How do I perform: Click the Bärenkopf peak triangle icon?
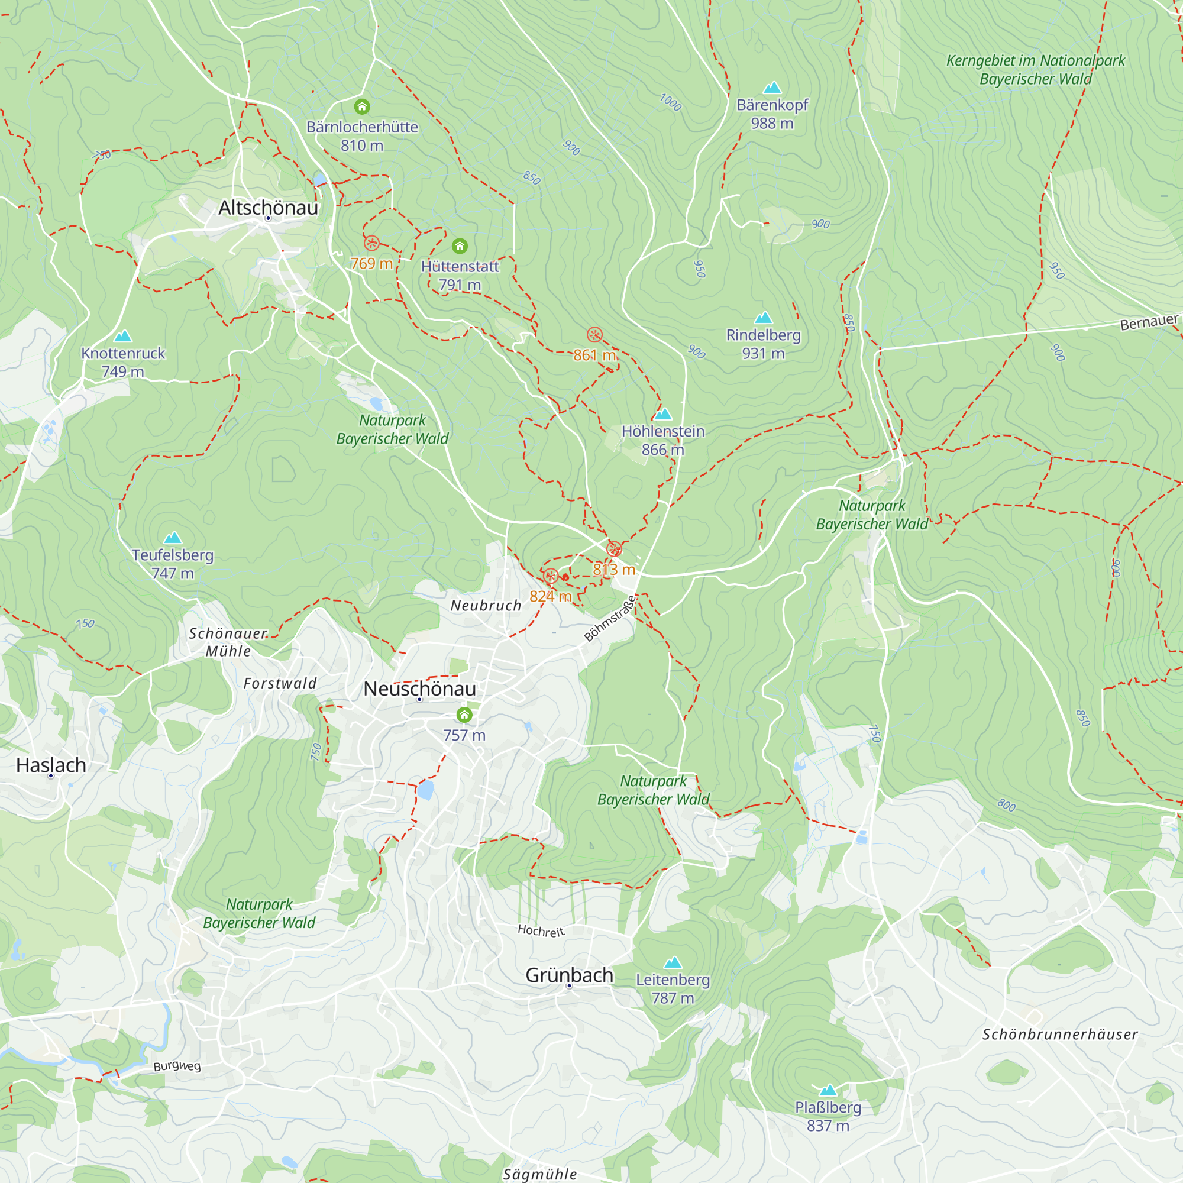coord(772,88)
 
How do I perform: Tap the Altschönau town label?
coord(268,208)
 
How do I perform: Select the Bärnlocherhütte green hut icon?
coord(362,107)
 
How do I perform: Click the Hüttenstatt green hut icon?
coord(460,246)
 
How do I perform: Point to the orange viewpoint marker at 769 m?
coord(371,243)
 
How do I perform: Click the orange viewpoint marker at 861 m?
coord(594,335)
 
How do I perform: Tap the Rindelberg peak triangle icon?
coord(763,318)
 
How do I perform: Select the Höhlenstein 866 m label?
coord(663,440)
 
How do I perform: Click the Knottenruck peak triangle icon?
coord(123,336)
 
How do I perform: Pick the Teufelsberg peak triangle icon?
coord(173,538)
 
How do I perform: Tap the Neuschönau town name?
coord(419,689)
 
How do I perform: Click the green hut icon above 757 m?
coord(464,715)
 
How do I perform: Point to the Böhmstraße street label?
coord(610,619)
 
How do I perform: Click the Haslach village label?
coord(51,765)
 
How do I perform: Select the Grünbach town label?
coord(570,975)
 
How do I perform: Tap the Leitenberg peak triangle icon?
coord(673,962)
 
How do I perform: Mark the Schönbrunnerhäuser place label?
coord(1060,1035)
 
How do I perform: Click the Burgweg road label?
coord(177,1066)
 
